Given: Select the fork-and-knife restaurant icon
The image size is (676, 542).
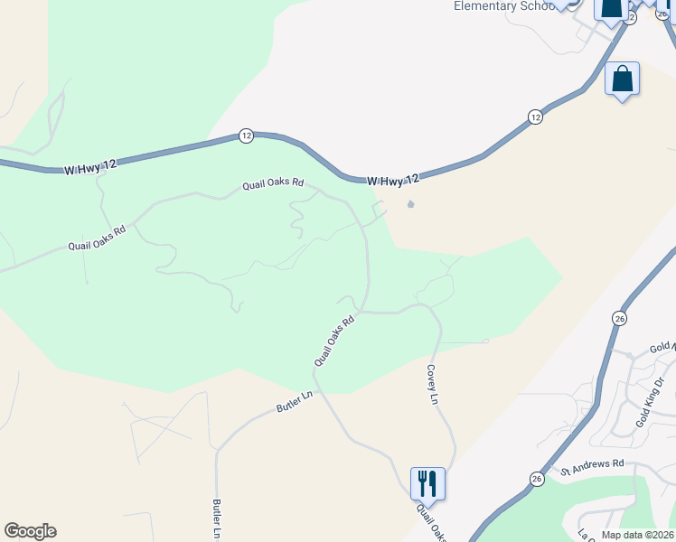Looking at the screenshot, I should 427,483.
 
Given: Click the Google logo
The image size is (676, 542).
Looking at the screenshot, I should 30,531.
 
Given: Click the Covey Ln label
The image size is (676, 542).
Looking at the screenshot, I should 433,385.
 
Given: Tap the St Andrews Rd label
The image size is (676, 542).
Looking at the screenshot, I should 593,467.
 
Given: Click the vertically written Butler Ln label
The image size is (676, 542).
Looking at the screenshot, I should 218,519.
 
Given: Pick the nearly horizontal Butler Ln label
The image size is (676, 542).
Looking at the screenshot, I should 294,402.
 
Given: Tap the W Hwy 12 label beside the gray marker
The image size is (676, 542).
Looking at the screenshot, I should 394,181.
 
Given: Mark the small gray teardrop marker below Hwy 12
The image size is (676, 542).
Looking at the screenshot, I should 411,204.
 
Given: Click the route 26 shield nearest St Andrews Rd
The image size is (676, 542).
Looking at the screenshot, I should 537,478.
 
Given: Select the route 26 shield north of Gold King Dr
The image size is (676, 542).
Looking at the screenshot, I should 619,318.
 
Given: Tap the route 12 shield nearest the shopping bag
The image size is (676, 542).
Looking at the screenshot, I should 535,117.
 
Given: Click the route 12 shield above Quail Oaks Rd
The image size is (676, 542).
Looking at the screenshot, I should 246,135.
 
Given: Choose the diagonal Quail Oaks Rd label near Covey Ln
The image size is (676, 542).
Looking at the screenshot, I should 333,341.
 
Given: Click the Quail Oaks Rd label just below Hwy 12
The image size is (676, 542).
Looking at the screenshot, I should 272,184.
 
